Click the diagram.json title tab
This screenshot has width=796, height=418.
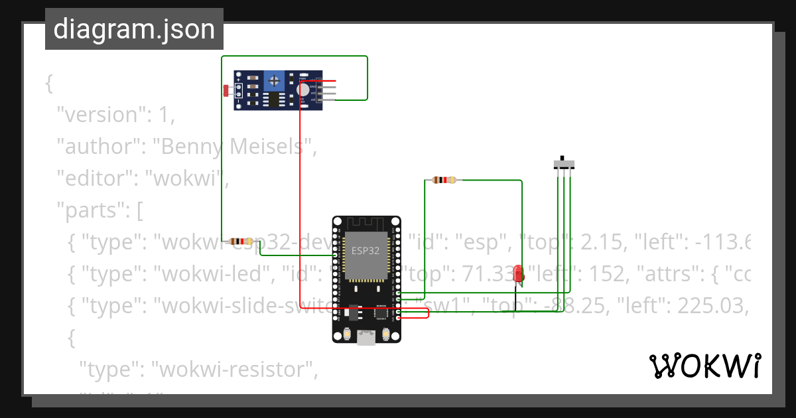[134, 30]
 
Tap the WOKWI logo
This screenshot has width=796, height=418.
[704, 366]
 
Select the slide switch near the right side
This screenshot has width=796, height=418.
[564, 163]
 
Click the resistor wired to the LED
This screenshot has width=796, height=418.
[443, 180]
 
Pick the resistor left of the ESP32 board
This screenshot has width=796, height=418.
[241, 242]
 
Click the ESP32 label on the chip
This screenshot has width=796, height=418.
[365, 251]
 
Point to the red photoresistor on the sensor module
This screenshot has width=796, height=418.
[227, 90]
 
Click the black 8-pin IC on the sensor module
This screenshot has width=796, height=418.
[273, 100]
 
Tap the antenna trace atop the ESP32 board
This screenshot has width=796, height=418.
[365, 224]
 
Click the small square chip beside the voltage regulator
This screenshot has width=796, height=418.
[381, 312]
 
